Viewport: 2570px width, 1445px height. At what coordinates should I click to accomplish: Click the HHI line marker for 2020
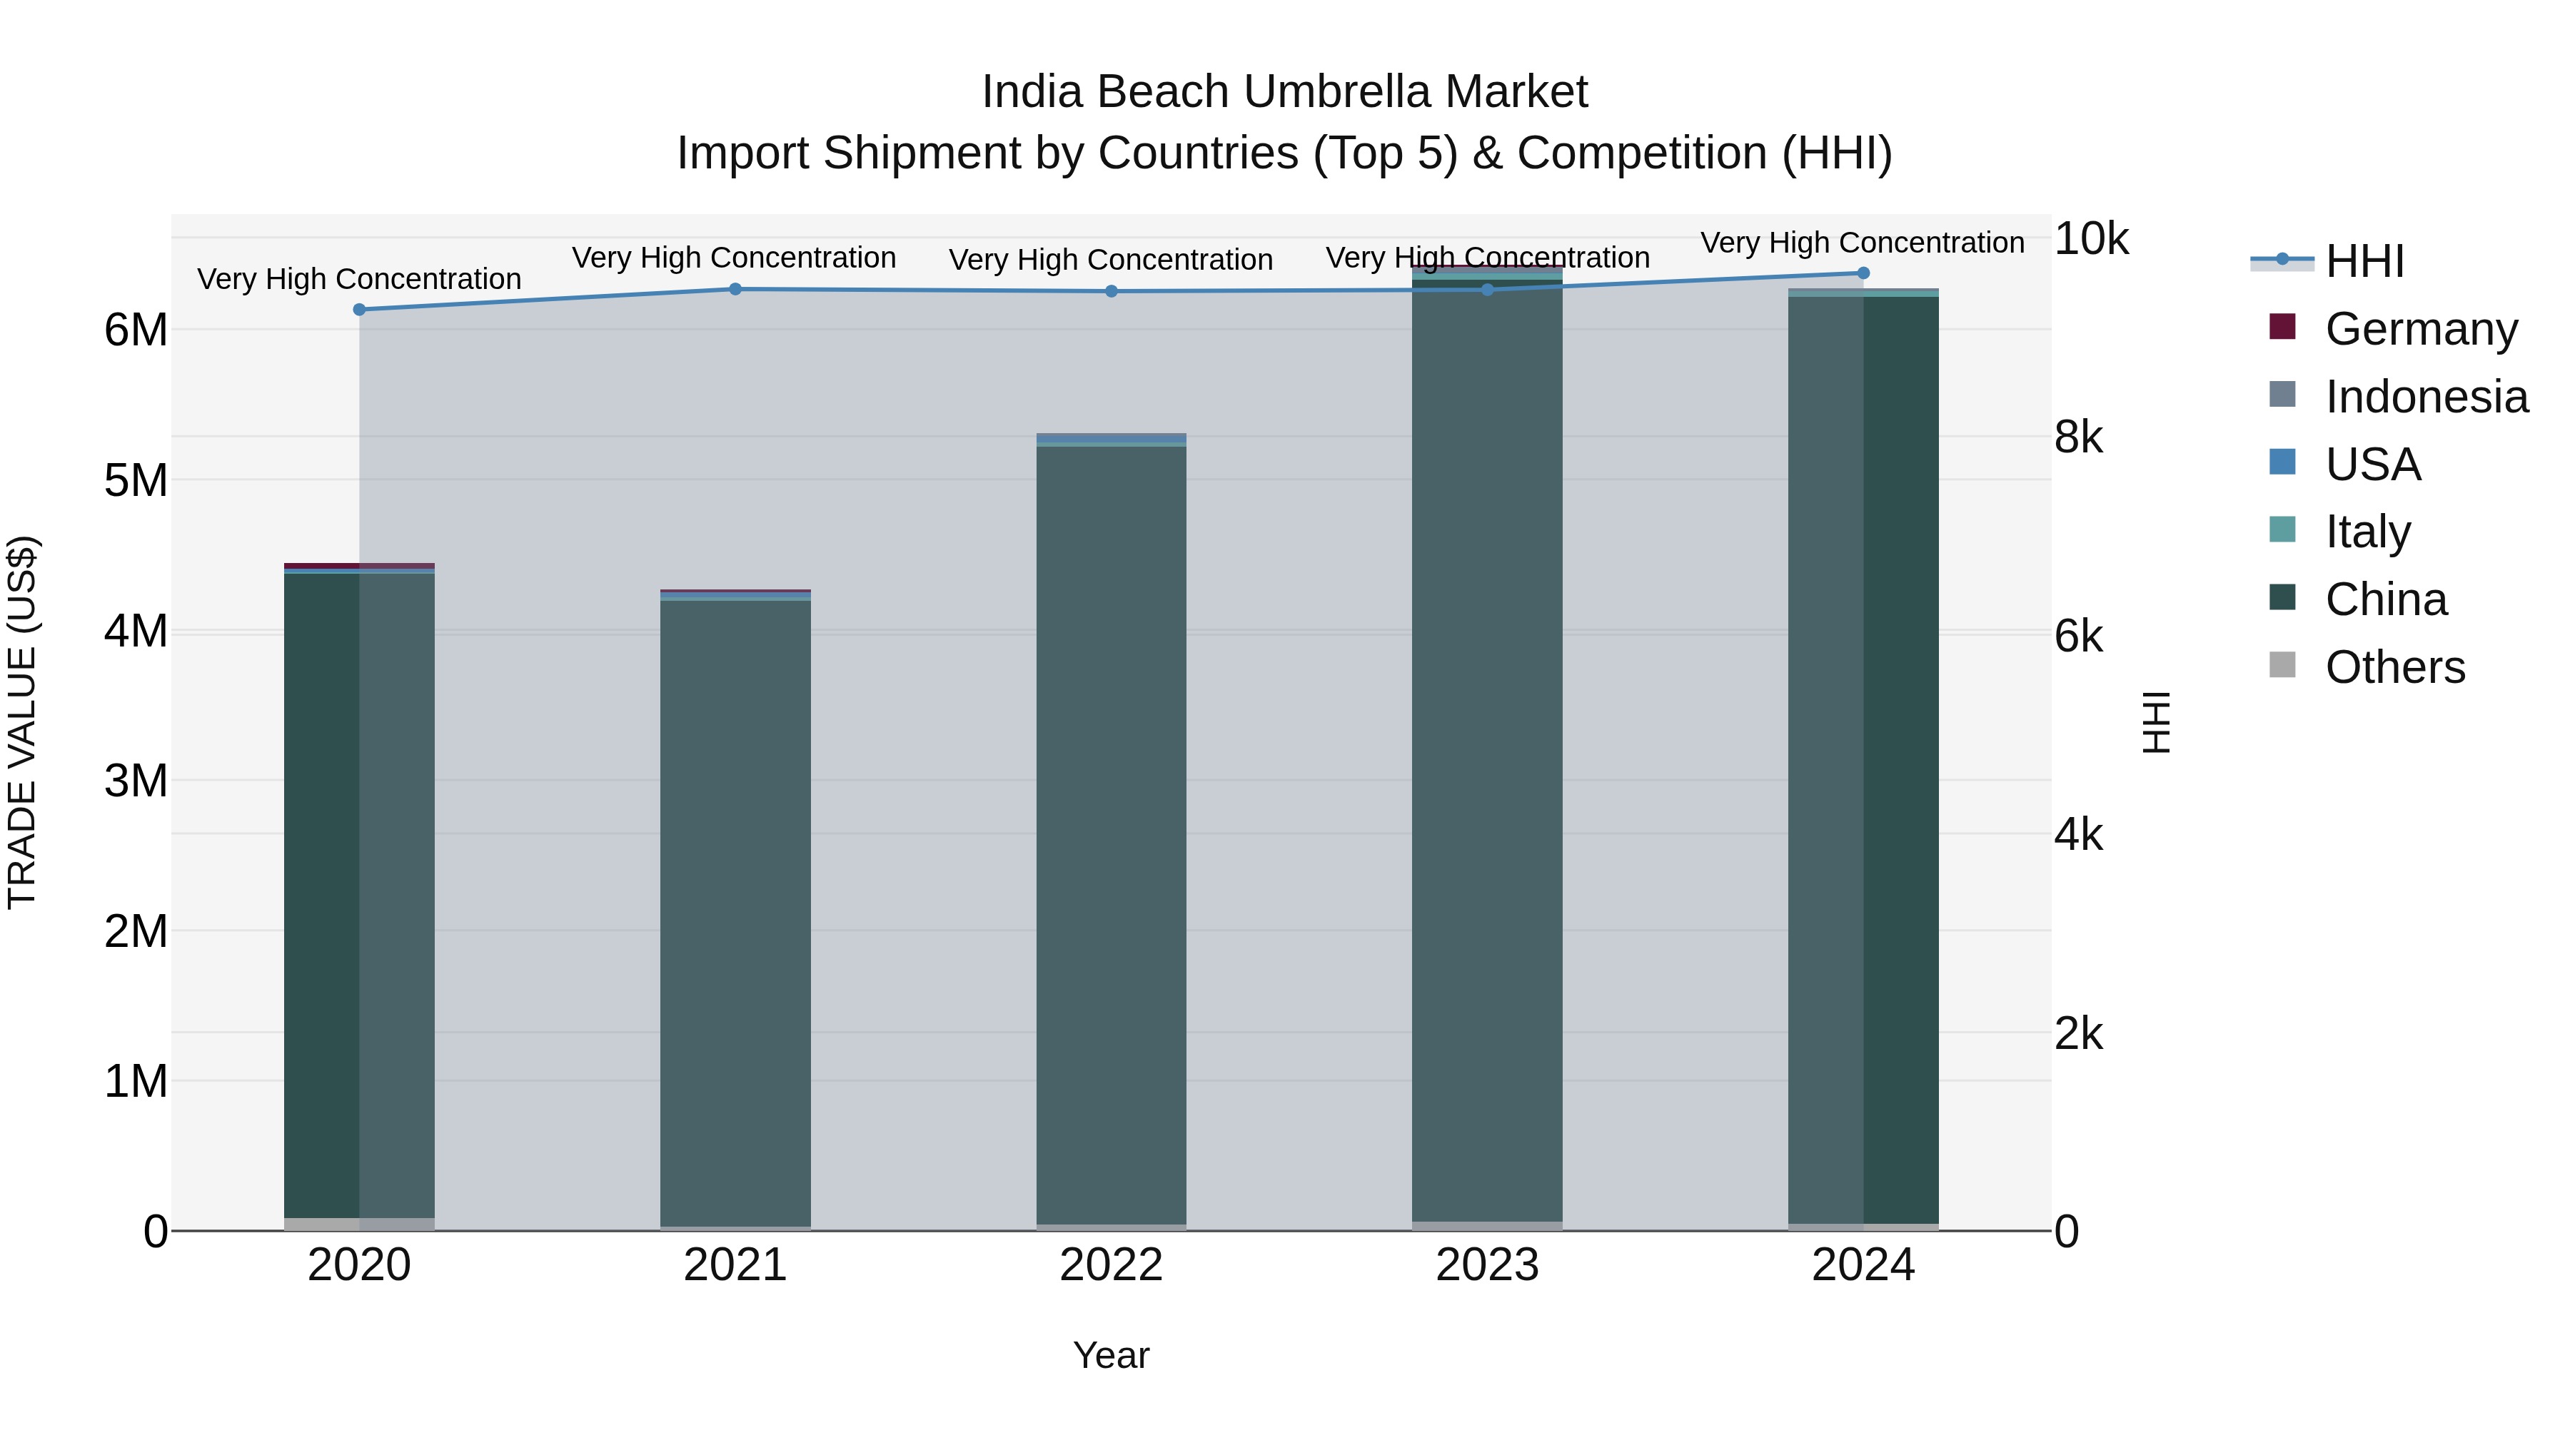click(x=359, y=309)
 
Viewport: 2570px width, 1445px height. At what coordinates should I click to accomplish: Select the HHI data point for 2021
click(x=735, y=289)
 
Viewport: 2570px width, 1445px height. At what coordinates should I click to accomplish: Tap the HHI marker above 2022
click(x=1112, y=291)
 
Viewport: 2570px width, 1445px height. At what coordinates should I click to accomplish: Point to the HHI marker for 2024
click(x=1863, y=273)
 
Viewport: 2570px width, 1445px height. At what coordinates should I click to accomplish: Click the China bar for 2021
click(x=735, y=913)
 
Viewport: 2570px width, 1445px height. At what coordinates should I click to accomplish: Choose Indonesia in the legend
click(x=2425, y=397)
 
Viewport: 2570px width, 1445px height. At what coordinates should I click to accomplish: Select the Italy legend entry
click(x=2367, y=532)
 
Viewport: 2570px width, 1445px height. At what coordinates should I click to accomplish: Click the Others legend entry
click(x=2394, y=667)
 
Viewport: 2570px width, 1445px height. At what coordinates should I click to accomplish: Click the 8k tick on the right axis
click(x=2078, y=437)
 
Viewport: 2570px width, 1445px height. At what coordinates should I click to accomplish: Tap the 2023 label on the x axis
click(x=1486, y=1265)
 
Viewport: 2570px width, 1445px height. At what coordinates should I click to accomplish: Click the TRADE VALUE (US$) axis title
click(x=22, y=722)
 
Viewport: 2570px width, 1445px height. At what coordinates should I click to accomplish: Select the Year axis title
click(x=1110, y=1355)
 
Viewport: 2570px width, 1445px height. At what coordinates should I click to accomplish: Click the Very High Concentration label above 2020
click(x=359, y=279)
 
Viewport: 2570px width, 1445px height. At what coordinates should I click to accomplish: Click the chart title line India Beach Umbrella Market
click(x=1284, y=92)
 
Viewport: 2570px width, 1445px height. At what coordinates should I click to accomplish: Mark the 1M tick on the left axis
click(x=136, y=1081)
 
